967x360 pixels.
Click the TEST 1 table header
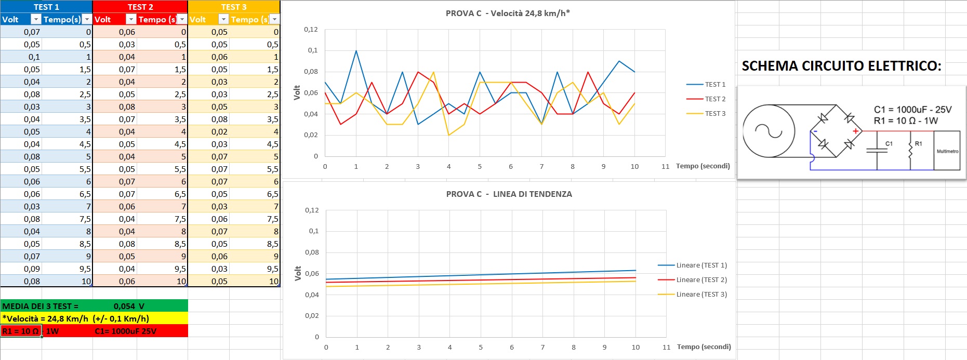click(x=46, y=7)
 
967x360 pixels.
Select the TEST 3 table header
click(x=234, y=7)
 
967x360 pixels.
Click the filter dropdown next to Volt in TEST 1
click(x=35, y=19)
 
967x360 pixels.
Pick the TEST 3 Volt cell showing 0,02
click(x=219, y=131)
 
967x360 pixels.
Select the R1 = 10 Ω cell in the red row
click(x=21, y=331)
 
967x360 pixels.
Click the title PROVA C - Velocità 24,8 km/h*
click(x=508, y=14)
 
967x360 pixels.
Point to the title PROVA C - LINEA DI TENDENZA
click(x=509, y=194)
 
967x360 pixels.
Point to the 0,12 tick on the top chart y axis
click(x=311, y=30)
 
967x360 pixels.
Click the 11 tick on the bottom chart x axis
click(x=666, y=347)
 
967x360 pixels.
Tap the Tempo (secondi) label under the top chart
click(x=703, y=166)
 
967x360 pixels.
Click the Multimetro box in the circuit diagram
click(x=947, y=151)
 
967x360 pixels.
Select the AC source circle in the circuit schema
click(x=769, y=131)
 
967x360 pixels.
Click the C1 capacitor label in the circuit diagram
click(x=889, y=143)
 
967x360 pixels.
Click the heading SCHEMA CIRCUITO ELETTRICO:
click(x=841, y=66)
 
